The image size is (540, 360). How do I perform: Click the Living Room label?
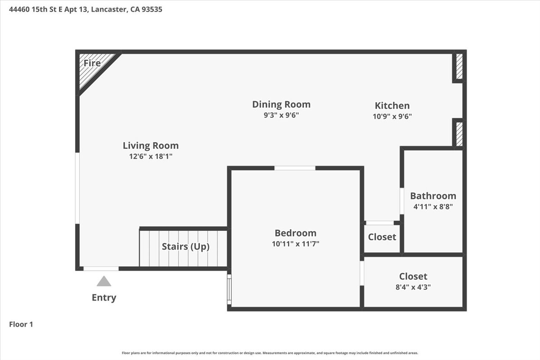click(x=150, y=145)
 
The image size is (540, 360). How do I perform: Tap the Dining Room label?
click(x=281, y=104)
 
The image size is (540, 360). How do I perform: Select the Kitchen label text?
click(x=392, y=105)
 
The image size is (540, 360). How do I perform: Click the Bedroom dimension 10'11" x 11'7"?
click(x=295, y=244)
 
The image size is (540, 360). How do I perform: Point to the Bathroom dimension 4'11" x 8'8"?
click(x=433, y=207)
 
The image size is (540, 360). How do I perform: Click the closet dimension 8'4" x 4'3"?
click(x=413, y=287)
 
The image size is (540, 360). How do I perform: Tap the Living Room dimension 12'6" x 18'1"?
click(x=150, y=157)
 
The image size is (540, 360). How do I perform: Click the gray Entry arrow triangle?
click(x=104, y=282)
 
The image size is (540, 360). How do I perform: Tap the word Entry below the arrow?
click(x=104, y=297)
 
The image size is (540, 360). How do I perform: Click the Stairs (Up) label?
click(x=185, y=247)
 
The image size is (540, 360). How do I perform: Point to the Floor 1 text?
click(x=21, y=324)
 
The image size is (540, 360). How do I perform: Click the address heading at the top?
click(x=85, y=9)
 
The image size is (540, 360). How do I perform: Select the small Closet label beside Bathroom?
click(x=382, y=237)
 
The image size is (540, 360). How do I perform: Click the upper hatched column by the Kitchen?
click(x=459, y=67)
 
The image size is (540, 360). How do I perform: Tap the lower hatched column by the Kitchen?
click(x=459, y=134)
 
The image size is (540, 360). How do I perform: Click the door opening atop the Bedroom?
click(x=295, y=168)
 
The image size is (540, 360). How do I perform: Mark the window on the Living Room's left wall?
click(x=77, y=188)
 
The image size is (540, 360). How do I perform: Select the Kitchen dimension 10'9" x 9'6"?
click(x=392, y=116)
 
